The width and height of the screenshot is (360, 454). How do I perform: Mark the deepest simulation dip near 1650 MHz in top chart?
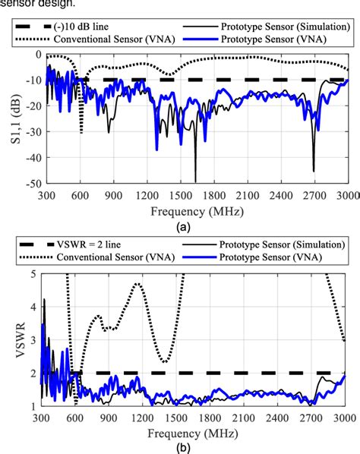click(x=195, y=181)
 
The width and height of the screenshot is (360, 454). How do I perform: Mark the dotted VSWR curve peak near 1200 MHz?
click(x=137, y=284)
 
